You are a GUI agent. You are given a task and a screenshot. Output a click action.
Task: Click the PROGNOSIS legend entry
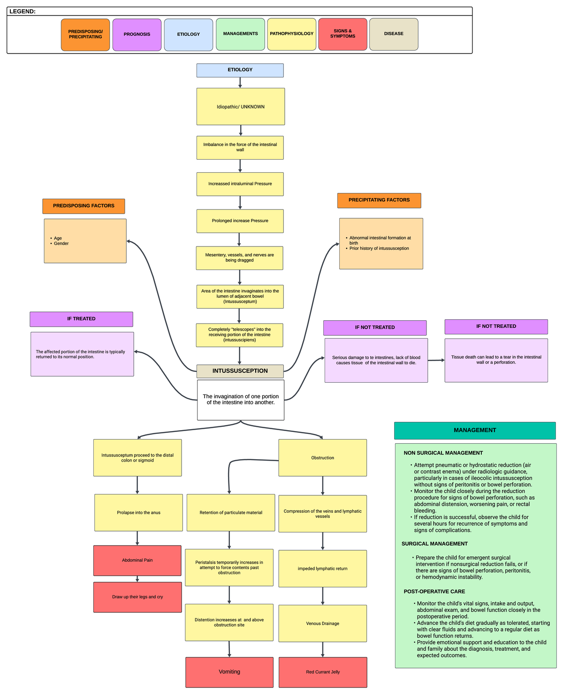coord(137,34)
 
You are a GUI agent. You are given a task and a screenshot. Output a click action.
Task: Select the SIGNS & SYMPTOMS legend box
coord(342,34)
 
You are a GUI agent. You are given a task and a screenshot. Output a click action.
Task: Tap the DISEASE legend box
coord(394,34)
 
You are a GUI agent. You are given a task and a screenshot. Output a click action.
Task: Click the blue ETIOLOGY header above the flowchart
coord(240,70)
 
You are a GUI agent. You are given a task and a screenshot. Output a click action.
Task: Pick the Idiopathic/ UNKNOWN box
coord(241,107)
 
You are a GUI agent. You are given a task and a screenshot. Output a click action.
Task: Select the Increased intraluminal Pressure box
coord(240,184)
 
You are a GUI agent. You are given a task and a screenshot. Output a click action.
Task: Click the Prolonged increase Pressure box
coord(240,221)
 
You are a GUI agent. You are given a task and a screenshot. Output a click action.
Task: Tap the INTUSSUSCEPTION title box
coord(240,371)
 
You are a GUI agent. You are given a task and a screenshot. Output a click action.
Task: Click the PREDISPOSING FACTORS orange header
coord(84,206)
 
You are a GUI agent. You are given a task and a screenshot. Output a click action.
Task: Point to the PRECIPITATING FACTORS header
coord(379,200)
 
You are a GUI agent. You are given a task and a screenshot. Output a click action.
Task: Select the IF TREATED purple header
coord(81,319)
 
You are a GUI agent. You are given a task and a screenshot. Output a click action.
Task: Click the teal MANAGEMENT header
coord(475,430)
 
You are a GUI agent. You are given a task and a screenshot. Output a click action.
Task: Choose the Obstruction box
coord(323,457)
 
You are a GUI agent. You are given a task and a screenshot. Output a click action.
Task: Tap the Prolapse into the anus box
coord(138,512)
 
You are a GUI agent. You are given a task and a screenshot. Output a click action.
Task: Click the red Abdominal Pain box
coord(137,560)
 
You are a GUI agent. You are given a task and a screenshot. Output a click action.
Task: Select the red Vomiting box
coord(229,672)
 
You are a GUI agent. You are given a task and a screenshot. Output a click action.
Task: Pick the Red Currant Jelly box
coord(323,672)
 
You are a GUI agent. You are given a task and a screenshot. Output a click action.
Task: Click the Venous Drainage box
coord(323,623)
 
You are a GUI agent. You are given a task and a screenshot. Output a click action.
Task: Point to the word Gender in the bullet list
coord(61,244)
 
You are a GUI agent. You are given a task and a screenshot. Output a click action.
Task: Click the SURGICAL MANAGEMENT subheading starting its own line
coord(434,544)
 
